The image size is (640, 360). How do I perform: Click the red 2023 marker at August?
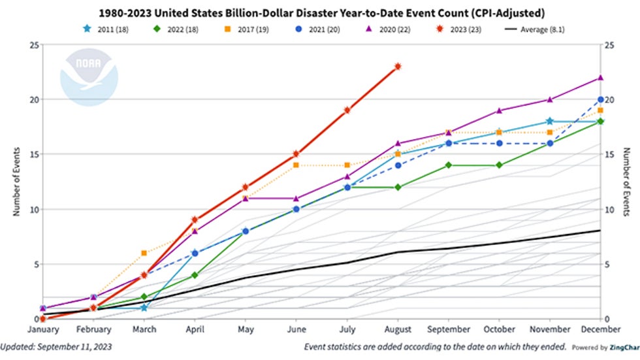[x=398, y=66]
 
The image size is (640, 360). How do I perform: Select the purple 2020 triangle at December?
[x=600, y=77]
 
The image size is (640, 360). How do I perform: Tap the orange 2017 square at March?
[x=144, y=253]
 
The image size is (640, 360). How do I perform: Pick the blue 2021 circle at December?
[x=600, y=99]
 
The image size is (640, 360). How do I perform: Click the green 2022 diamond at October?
[x=499, y=165]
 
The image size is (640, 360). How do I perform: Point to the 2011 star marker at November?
[x=550, y=121]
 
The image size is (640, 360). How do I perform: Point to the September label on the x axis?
[x=449, y=330]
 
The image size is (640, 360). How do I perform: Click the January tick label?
[x=42, y=330]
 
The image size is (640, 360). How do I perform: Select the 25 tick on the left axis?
[x=31, y=44]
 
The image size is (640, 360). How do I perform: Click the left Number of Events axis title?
[x=16, y=182]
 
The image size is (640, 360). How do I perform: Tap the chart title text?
[x=319, y=12]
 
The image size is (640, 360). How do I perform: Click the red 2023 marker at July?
[x=347, y=110]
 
